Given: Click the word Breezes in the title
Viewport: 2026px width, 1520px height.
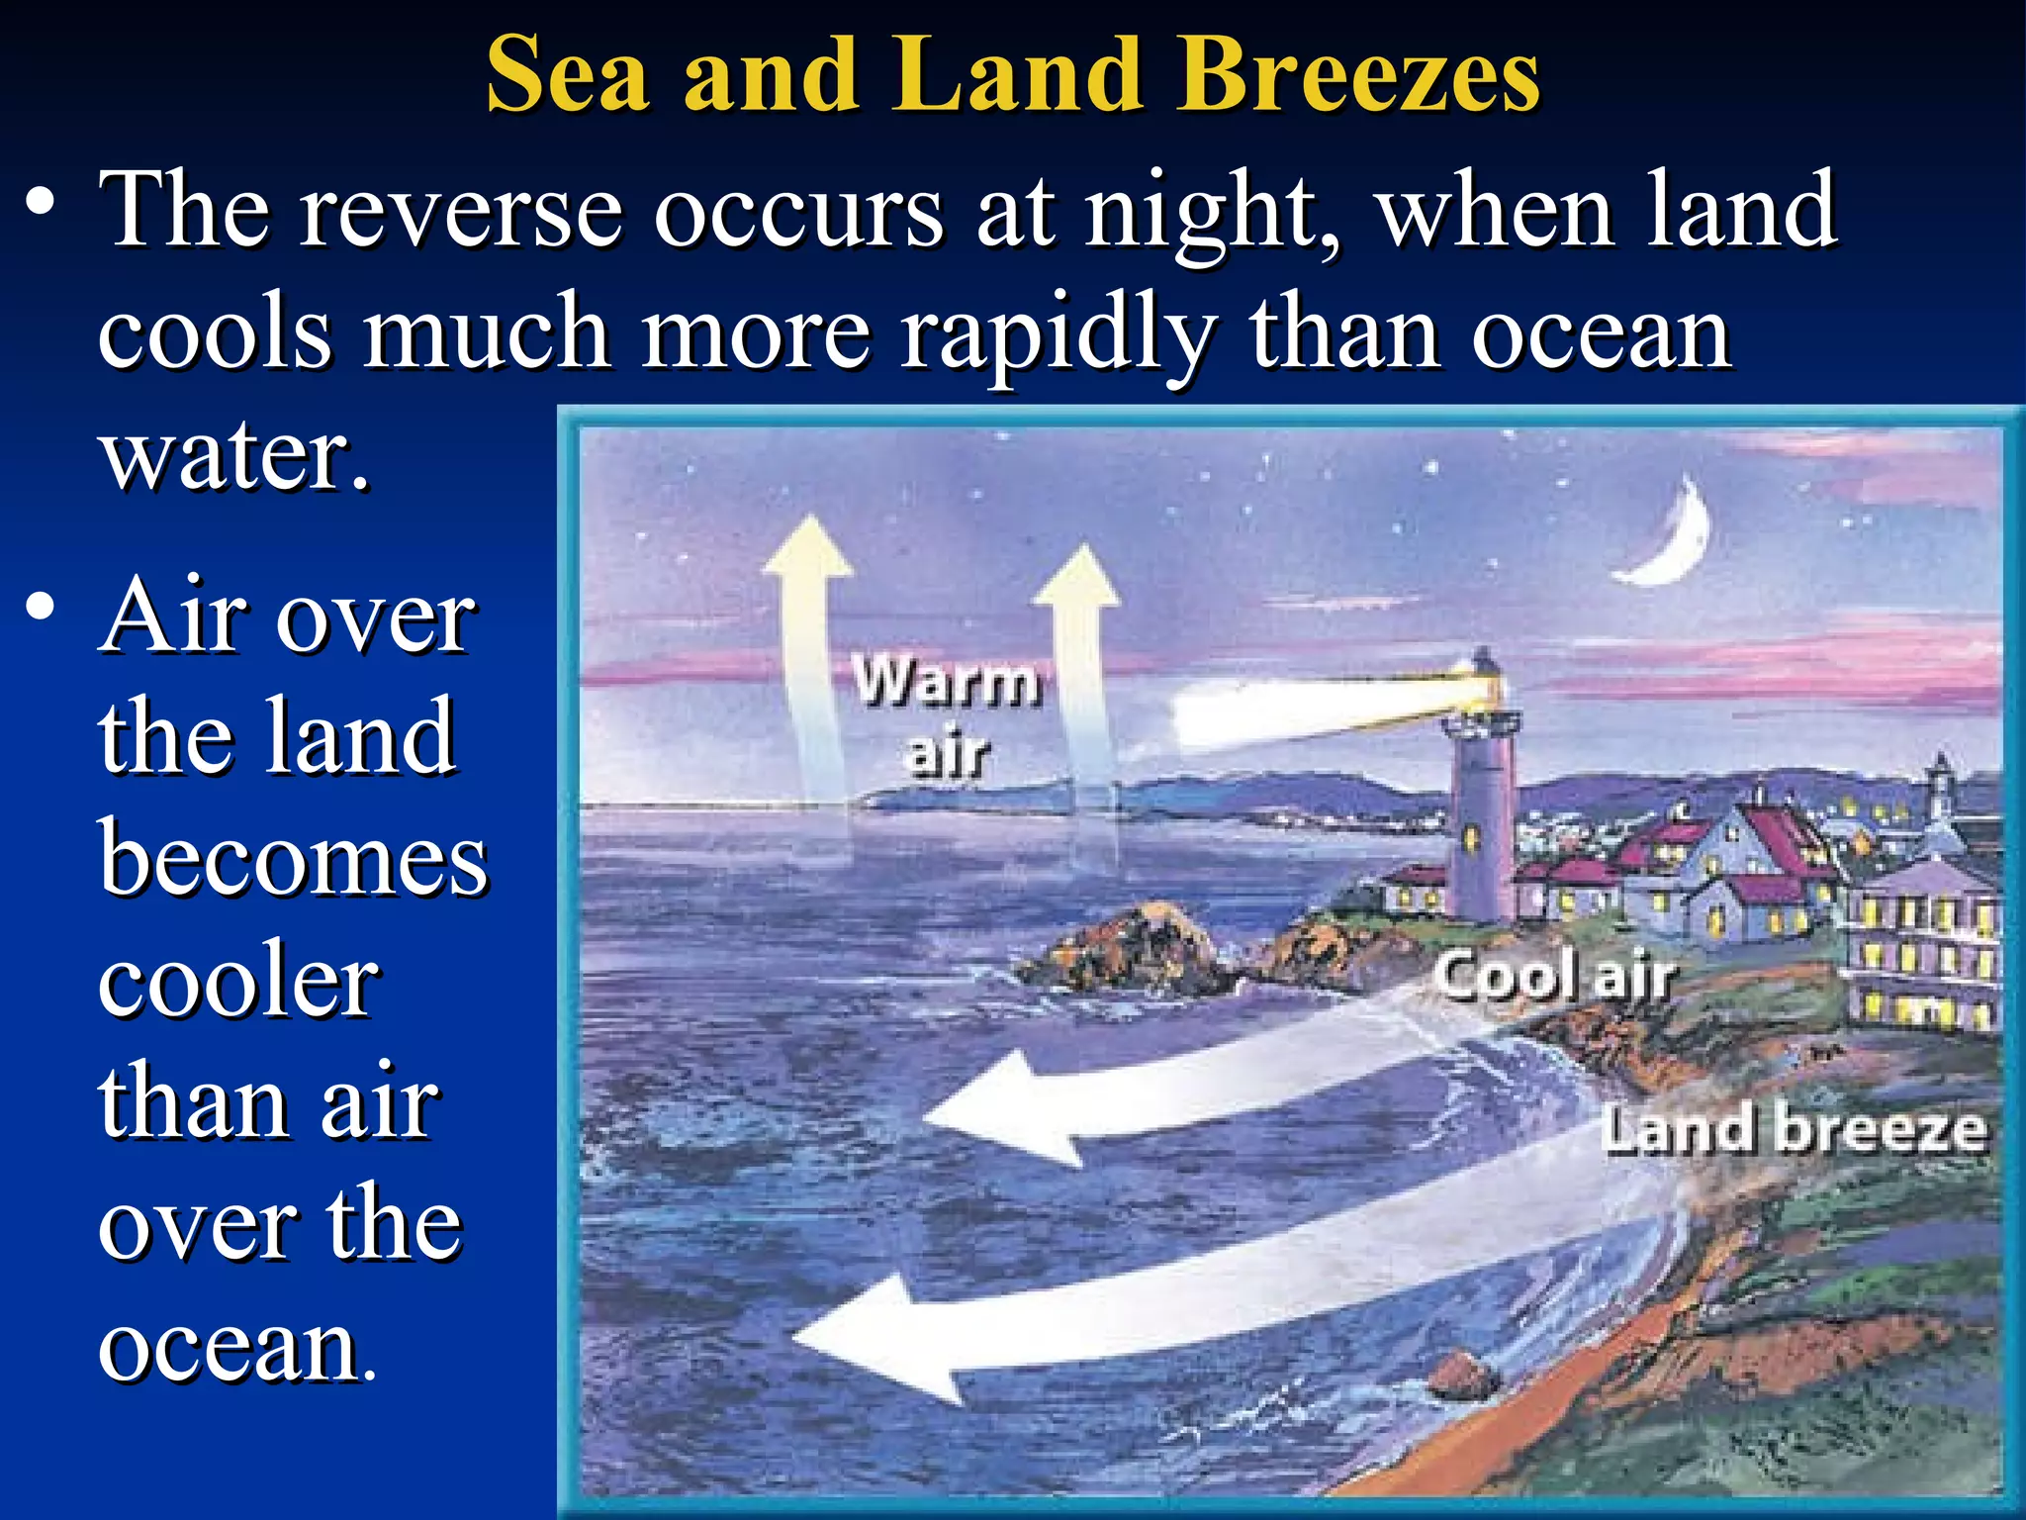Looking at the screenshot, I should coord(1357,74).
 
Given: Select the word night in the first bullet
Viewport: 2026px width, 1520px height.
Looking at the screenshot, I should coord(1211,211).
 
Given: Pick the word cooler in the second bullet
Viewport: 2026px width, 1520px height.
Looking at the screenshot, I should coord(237,980).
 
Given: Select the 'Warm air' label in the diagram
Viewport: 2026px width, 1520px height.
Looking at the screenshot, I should coord(947,716).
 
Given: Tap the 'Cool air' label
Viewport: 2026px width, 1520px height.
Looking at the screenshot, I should coord(1553,976).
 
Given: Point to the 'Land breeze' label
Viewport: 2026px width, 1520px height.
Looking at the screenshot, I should coord(1793,1130).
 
